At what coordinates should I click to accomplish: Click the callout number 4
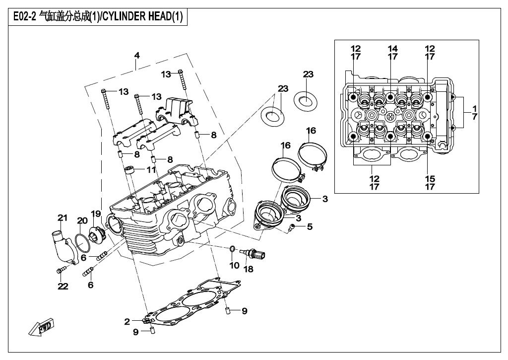tap(137, 56)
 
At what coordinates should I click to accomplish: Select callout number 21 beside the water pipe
tap(62, 217)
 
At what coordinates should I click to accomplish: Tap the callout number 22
tap(63, 286)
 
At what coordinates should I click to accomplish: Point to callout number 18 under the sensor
tap(248, 269)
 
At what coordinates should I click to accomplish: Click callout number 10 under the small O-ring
tap(234, 266)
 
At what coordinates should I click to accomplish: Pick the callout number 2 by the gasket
tap(127, 322)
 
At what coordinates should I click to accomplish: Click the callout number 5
tap(310, 227)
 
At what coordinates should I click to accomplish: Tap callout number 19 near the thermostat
tap(95, 214)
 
